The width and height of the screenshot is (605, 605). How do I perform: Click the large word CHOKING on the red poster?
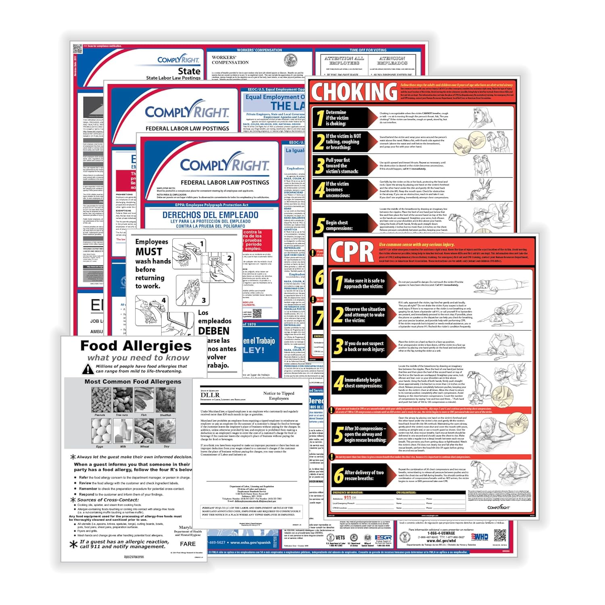(354, 92)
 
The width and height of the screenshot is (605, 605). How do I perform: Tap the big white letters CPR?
(352, 252)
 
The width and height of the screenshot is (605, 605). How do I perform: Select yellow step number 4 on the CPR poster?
(338, 383)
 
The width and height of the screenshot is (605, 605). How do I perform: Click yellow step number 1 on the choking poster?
(319, 118)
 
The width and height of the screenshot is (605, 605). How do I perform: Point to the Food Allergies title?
(136, 346)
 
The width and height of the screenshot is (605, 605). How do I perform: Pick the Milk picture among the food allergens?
(123, 431)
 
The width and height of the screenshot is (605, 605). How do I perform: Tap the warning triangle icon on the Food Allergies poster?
(88, 369)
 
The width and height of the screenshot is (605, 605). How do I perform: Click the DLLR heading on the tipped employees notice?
(210, 395)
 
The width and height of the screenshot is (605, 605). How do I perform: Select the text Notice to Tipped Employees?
(279, 395)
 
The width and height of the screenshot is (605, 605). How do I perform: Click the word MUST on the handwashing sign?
(148, 252)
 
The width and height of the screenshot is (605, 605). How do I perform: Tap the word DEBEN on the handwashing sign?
(214, 331)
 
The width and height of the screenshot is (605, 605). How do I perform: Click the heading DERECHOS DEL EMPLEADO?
(210, 215)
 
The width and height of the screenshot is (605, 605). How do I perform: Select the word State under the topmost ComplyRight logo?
(189, 71)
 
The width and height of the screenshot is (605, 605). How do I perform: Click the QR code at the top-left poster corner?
(77, 49)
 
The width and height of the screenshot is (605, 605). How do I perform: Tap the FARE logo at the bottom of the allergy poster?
(188, 544)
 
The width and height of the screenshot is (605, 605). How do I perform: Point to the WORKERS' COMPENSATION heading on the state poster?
(230, 60)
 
